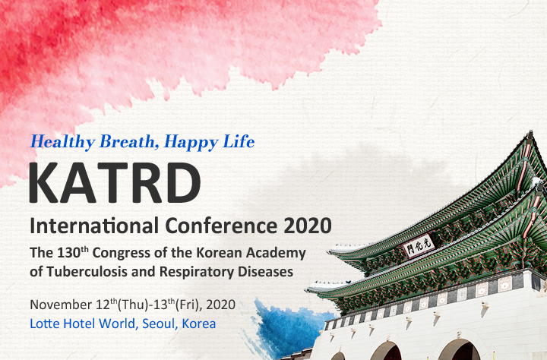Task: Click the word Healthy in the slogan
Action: tap(63, 142)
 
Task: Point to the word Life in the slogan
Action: tap(239, 141)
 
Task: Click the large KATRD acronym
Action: tap(115, 182)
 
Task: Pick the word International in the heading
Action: tap(94, 226)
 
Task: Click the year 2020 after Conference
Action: tap(308, 226)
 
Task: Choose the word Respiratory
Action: tap(197, 273)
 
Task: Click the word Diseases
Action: tap(265, 272)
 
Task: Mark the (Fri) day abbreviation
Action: tap(186, 305)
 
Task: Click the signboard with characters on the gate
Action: tap(419, 245)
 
